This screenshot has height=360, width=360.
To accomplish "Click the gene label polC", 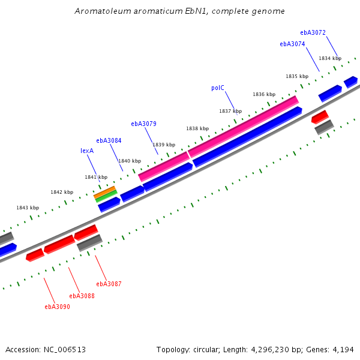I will [x=217, y=88].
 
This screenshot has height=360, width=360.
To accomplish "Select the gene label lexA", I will [x=87, y=151].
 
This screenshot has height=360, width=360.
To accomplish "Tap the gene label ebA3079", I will [x=143, y=124].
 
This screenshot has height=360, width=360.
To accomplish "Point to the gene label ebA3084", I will [x=109, y=140].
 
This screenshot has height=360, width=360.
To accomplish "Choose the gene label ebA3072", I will [x=313, y=32].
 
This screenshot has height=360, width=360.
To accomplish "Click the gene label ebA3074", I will [x=292, y=44].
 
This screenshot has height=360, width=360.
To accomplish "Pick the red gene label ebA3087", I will [x=109, y=284].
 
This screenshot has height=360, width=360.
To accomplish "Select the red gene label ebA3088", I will [x=82, y=295].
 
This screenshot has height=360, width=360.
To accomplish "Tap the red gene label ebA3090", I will [x=57, y=307].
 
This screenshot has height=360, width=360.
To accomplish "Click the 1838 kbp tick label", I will [x=197, y=128].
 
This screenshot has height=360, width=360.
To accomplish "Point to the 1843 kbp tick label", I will [x=27, y=208].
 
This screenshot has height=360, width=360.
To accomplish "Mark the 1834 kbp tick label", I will [x=330, y=58].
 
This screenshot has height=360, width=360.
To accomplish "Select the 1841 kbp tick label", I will [x=96, y=177].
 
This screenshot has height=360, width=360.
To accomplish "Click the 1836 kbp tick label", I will [x=264, y=94].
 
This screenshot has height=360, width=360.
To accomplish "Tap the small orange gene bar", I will [x=105, y=193].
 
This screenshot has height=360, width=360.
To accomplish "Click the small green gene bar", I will [x=106, y=197].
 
